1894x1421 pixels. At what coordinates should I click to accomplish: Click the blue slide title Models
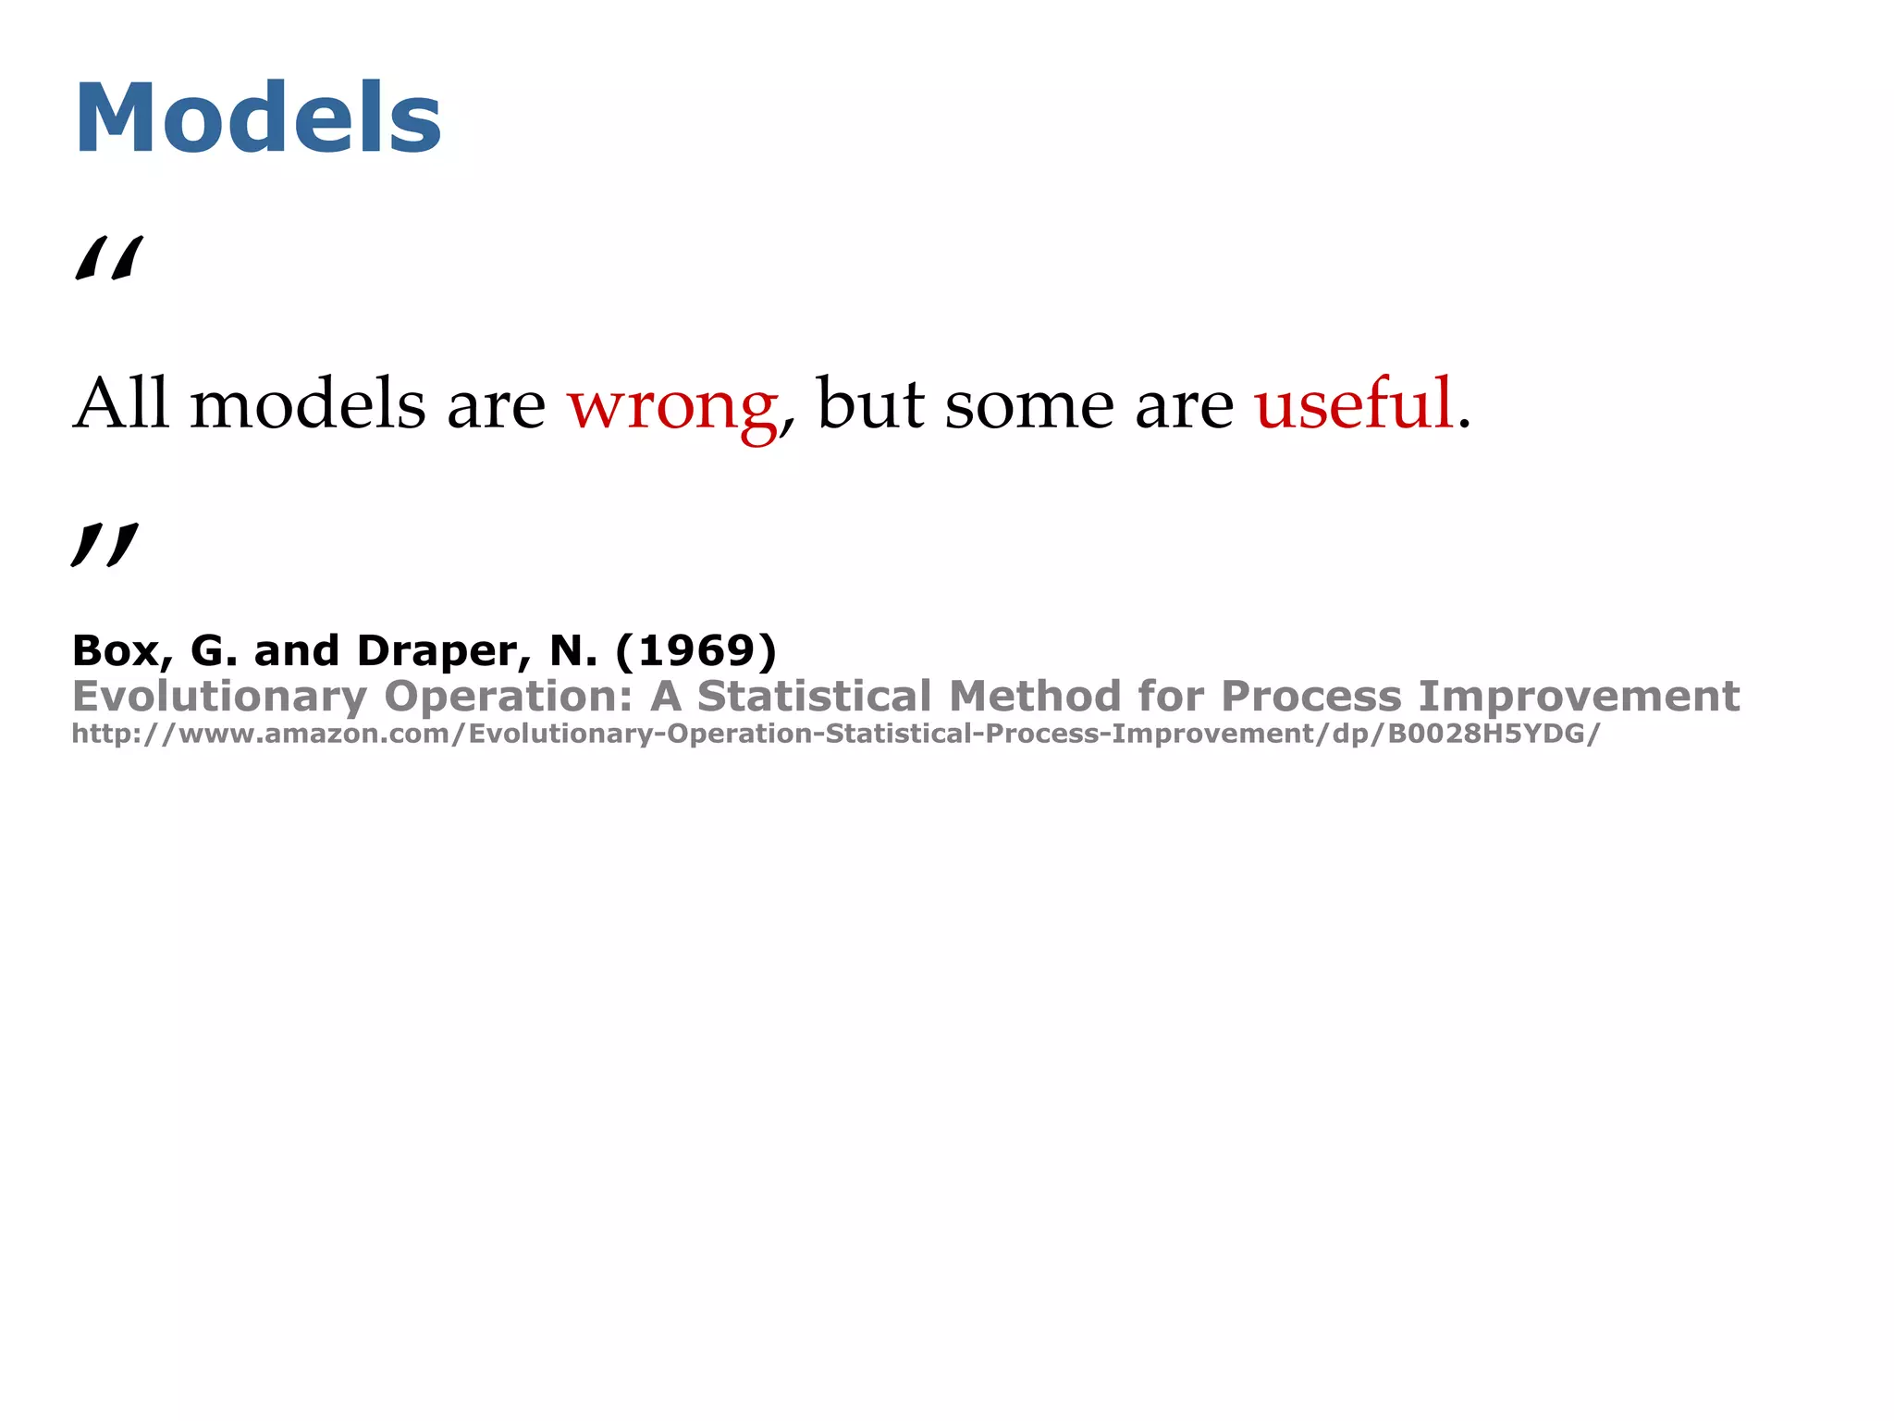(x=258, y=118)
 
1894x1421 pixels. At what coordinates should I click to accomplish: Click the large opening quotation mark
(x=109, y=258)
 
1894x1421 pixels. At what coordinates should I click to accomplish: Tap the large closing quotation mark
(x=105, y=545)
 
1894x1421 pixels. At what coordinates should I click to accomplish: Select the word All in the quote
(x=121, y=403)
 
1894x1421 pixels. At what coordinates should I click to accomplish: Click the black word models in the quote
(x=308, y=403)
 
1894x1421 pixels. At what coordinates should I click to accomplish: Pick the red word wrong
(x=672, y=405)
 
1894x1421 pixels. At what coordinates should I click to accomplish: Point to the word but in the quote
(x=870, y=403)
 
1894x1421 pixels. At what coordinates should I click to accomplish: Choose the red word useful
(x=1354, y=403)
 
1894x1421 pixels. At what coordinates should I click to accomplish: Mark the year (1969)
(x=695, y=650)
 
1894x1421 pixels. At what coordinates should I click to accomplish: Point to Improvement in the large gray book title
(x=1579, y=696)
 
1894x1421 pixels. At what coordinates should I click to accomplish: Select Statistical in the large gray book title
(x=814, y=696)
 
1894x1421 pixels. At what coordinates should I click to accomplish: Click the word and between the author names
(x=296, y=650)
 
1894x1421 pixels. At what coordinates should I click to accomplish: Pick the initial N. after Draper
(x=573, y=650)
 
